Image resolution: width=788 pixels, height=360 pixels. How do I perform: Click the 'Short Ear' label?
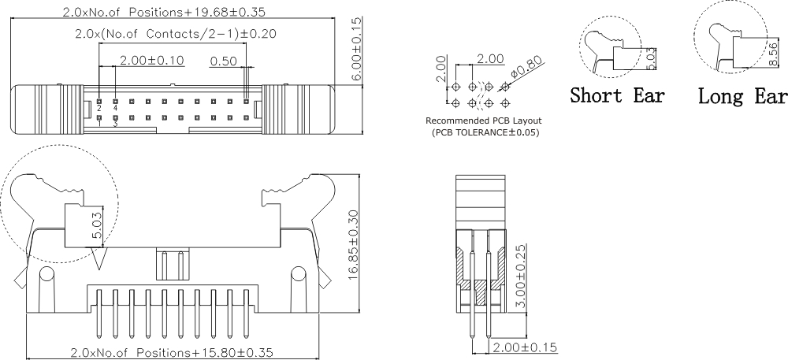(x=617, y=96)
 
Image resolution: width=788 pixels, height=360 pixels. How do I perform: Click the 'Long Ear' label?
(x=742, y=96)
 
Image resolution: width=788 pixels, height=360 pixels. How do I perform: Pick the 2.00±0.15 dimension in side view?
(x=525, y=347)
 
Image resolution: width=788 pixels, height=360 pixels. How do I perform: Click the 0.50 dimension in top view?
(x=225, y=61)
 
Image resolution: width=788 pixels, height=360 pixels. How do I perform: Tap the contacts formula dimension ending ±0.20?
(x=175, y=34)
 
